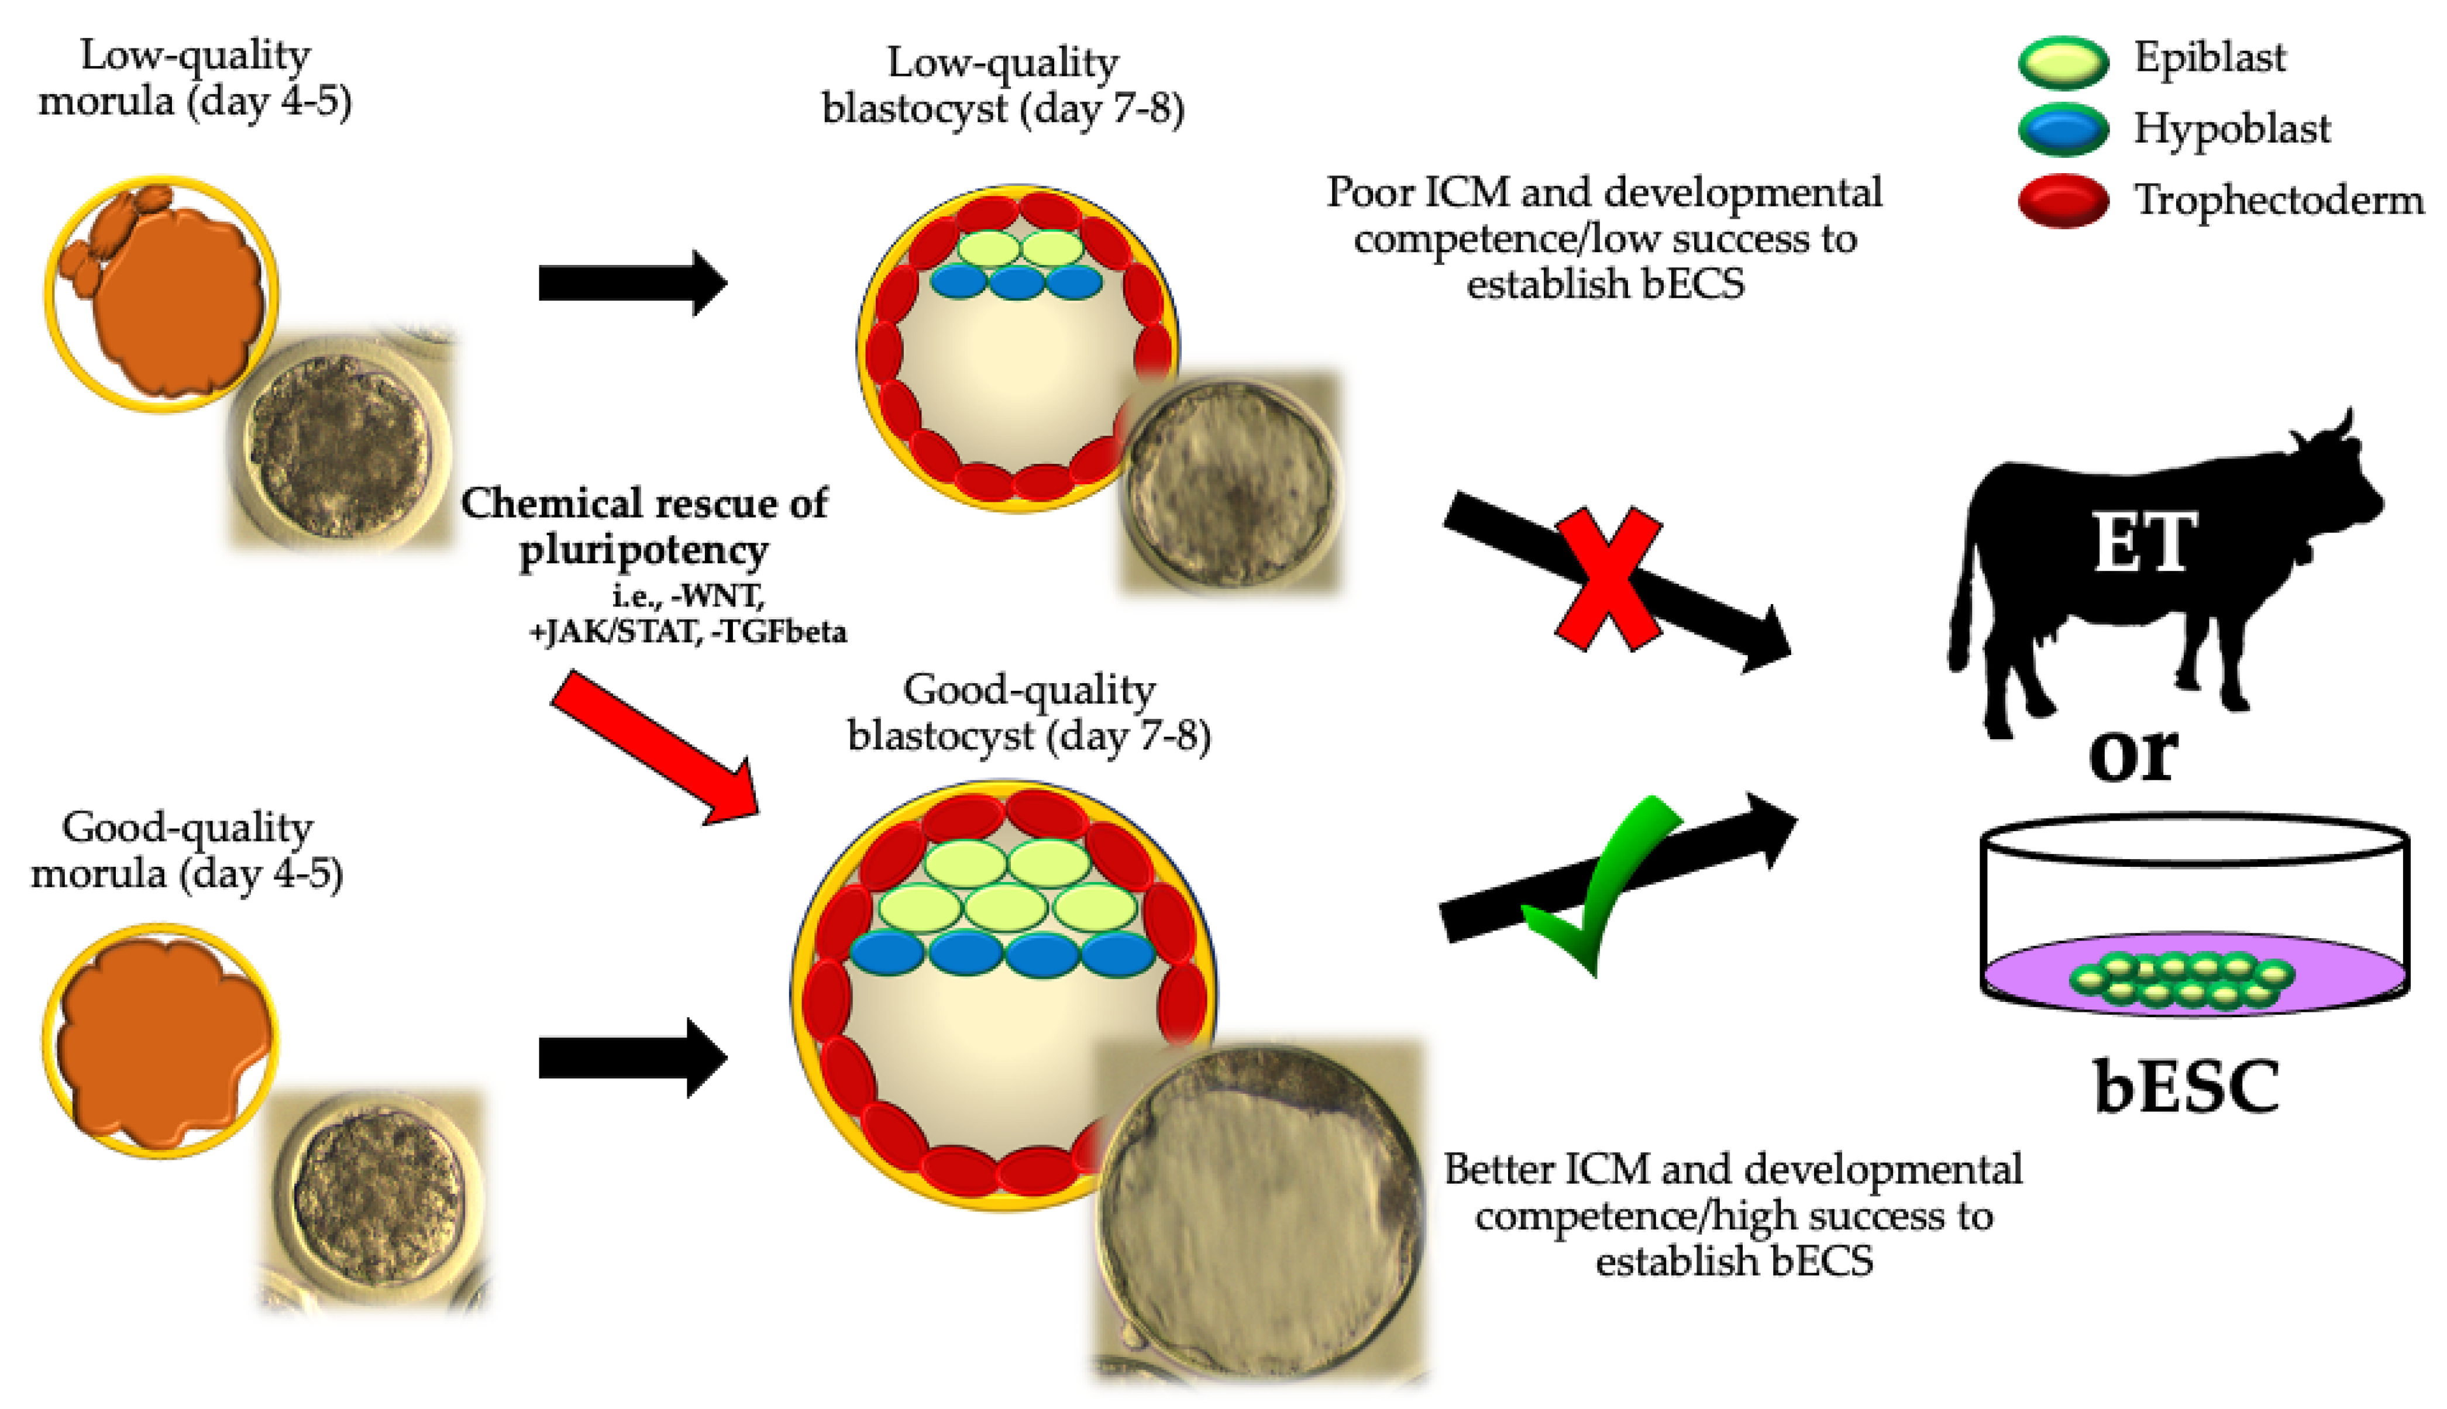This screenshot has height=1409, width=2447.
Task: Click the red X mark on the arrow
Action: click(1608, 578)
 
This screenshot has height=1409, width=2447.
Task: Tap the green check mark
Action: click(1601, 886)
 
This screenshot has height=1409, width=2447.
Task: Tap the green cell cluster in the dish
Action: click(2182, 979)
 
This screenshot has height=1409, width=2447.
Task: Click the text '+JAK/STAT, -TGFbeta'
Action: click(687, 632)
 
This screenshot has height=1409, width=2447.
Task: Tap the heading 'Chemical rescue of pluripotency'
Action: click(643, 525)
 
